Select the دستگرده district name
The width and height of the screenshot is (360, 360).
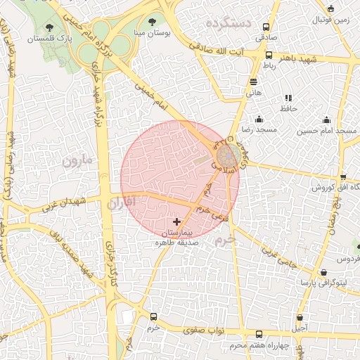(229, 23)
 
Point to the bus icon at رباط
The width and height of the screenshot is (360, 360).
(269, 55)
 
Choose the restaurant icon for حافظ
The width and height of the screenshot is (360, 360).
(288, 98)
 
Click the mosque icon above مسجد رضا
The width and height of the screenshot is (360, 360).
(259, 119)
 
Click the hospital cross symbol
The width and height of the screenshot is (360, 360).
(176, 221)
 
